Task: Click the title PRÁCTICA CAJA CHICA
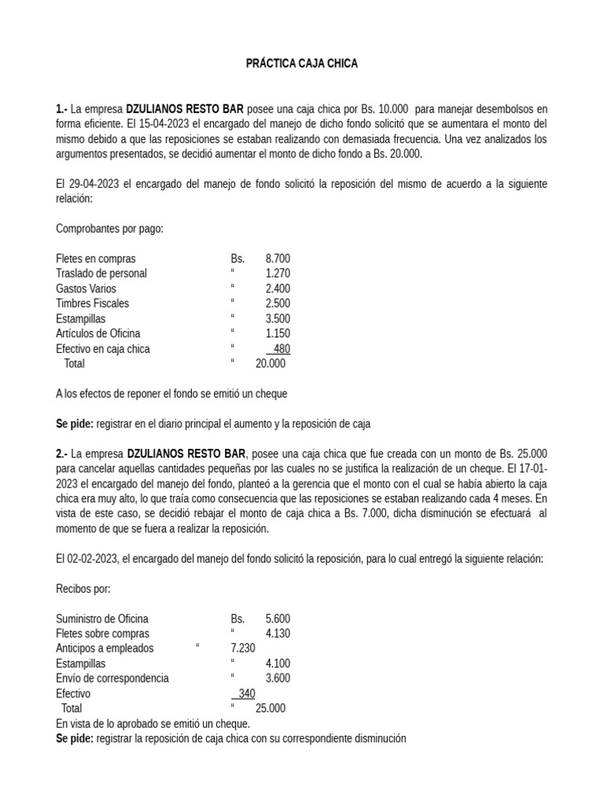pos(302,64)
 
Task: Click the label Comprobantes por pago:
pos(109,229)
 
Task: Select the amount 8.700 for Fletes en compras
pos(278,259)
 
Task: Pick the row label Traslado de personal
pos(101,274)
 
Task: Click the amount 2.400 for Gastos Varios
pos(278,289)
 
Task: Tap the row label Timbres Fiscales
pos(93,303)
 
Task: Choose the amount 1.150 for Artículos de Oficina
pos(278,333)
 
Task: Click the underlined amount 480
pos(282,348)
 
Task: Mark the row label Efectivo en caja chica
pos(103,348)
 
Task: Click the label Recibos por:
pos(83,588)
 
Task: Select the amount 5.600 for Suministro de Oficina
pos(278,619)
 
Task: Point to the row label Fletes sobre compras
pos(103,634)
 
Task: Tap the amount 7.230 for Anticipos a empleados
pos(243,649)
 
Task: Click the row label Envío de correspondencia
pos(112,678)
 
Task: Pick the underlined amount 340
pos(245,693)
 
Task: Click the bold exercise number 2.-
pos(62,454)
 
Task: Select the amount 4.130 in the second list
pos(278,634)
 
